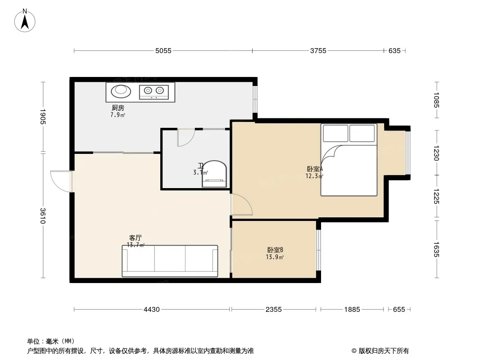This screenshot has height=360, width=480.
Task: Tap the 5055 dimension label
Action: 163,51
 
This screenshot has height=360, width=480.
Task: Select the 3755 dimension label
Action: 318,51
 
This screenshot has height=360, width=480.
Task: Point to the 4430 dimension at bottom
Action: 152,310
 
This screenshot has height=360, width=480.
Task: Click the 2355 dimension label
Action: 273,310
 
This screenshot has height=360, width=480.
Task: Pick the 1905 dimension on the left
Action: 43,117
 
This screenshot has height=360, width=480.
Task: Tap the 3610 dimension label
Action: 43,216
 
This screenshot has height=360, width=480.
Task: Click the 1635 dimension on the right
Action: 436,250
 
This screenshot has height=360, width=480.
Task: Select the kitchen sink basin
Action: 121,91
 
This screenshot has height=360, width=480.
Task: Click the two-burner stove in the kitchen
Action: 154,92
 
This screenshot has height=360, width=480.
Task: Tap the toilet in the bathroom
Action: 214,174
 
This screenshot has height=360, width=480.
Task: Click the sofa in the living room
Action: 170,261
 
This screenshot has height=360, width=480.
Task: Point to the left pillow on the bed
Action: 335,133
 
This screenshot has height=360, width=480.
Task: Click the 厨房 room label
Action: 118,108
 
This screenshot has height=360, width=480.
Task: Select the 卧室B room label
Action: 275,250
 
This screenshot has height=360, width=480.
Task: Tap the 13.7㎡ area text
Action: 136,245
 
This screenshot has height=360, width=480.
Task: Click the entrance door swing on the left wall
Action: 61,181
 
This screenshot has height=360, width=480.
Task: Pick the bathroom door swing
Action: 186,138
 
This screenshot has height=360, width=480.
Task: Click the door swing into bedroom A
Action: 242,204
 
